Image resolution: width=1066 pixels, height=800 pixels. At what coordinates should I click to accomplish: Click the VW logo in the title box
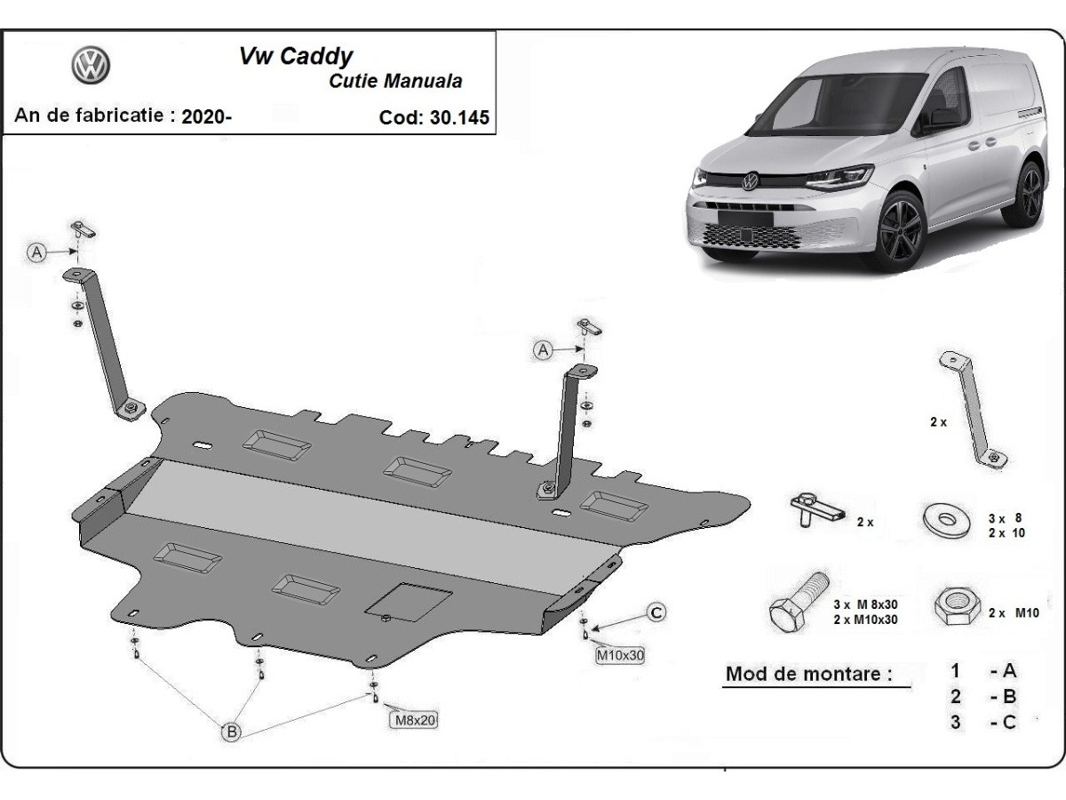91,66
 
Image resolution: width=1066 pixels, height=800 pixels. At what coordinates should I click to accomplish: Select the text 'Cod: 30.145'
434,117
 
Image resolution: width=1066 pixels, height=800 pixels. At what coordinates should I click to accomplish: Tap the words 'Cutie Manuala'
395,81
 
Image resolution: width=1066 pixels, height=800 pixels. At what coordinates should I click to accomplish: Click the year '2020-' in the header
206,116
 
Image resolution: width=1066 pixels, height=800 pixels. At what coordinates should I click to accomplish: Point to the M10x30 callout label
619,656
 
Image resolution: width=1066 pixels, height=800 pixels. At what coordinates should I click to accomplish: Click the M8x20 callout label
413,720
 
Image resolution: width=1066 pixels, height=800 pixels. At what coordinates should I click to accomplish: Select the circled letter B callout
230,732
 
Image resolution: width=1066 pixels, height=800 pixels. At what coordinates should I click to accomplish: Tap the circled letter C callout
656,612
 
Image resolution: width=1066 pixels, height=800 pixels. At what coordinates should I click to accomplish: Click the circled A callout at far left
37,252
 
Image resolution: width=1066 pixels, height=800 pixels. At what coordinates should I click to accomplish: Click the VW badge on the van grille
751,181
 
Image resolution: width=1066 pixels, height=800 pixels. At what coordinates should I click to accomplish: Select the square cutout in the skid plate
410,601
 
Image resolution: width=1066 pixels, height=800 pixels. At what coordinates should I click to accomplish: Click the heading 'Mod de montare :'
808,673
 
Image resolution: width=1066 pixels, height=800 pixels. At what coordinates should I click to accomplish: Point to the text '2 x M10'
1014,612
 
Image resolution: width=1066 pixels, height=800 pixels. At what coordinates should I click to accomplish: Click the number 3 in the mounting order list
955,722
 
